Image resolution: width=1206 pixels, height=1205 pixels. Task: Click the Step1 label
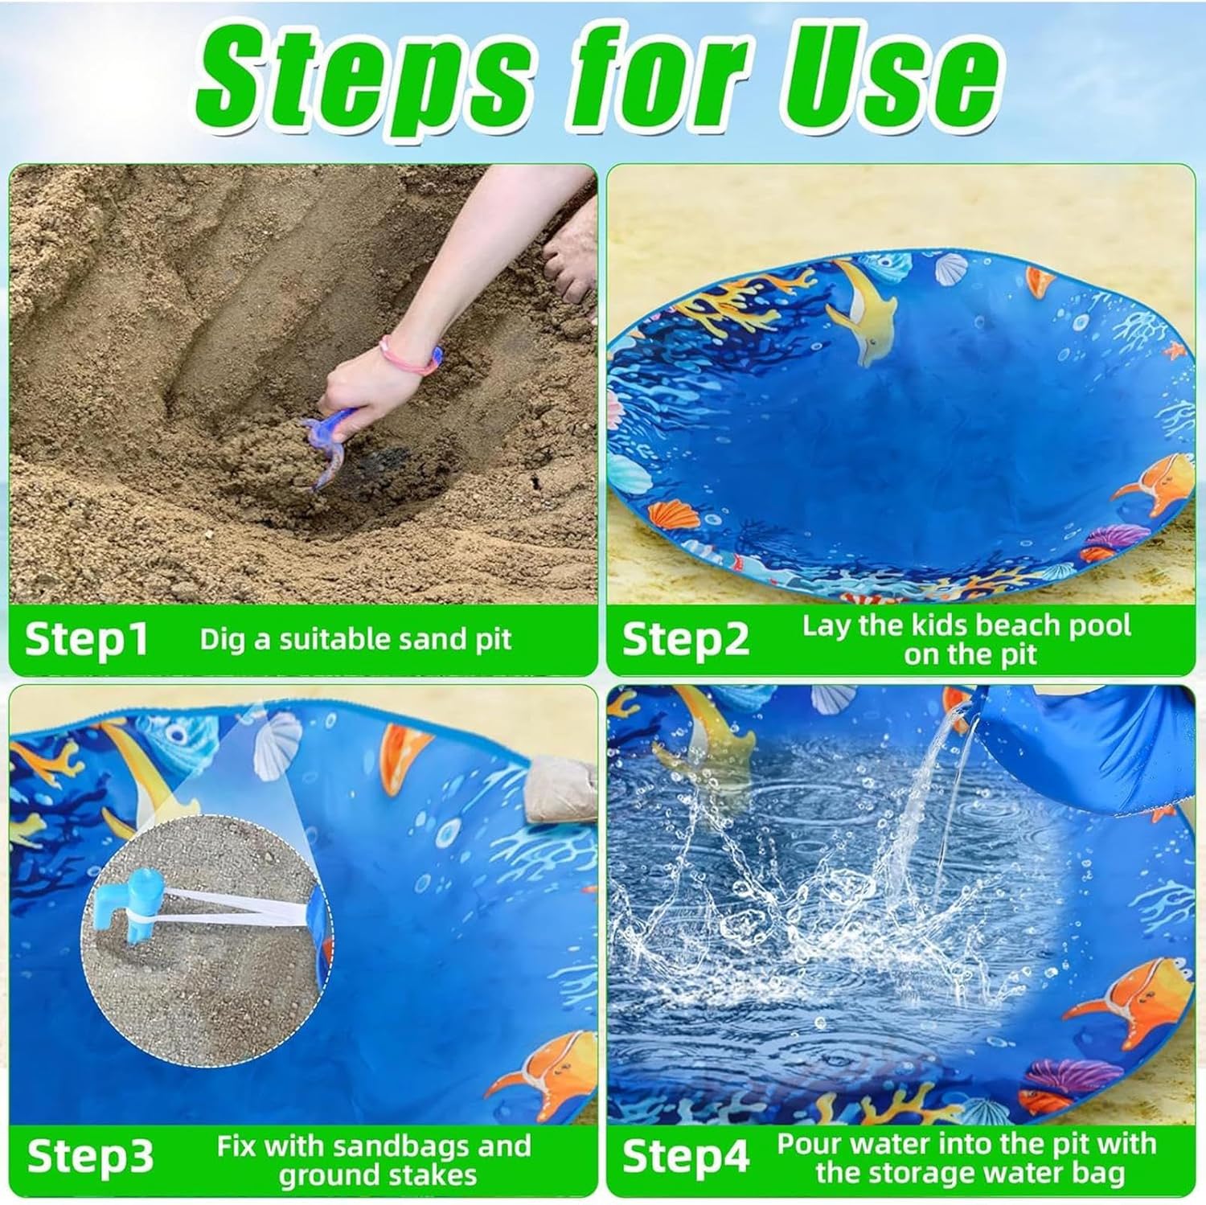tap(87, 639)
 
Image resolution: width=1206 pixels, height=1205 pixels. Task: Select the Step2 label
tap(685, 639)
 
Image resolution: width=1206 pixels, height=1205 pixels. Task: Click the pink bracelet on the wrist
tap(410, 355)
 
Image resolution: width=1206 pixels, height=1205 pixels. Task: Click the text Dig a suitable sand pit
tap(355, 639)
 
